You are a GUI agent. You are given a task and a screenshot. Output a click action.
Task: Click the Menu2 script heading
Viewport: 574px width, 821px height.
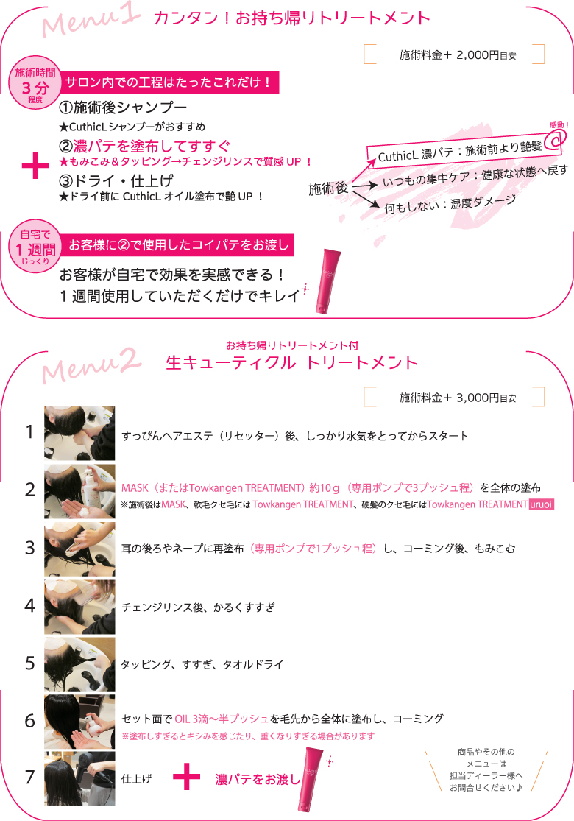(92, 364)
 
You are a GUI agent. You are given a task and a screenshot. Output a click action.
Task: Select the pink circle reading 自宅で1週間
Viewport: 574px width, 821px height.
(33, 250)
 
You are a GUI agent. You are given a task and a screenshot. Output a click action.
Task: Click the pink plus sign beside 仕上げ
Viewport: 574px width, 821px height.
(187, 777)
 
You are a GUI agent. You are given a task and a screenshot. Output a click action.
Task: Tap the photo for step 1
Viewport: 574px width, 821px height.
(79, 433)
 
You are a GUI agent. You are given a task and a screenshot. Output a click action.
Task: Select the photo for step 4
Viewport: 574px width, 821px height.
(79, 607)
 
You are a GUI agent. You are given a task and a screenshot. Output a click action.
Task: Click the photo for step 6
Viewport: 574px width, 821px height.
(79, 721)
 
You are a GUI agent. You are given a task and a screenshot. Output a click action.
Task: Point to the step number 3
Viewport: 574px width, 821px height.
(29, 548)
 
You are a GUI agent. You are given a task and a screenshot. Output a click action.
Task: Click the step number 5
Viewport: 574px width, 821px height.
(29, 663)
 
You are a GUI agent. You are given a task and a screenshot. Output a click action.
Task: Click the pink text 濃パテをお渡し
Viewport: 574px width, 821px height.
(258, 778)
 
